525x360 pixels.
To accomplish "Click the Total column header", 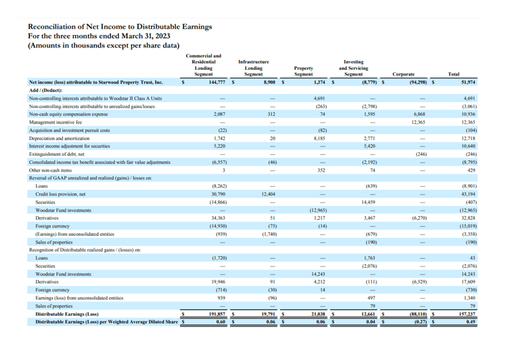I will click(453, 73).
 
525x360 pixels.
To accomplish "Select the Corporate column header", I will click(404, 73).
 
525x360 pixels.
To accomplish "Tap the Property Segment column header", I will click(303, 70).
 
